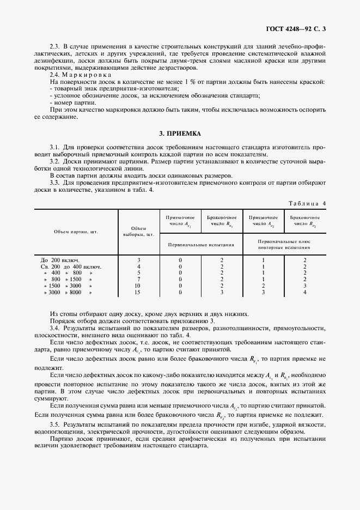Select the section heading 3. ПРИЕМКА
point(180,132)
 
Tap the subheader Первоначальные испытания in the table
point(201,245)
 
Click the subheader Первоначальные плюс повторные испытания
point(284,244)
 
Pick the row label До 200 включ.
point(61,260)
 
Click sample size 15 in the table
point(138,292)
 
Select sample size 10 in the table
point(138,286)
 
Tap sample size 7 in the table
point(138,279)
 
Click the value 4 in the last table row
point(305,292)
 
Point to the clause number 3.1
point(54,147)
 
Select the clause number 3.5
point(54,424)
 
